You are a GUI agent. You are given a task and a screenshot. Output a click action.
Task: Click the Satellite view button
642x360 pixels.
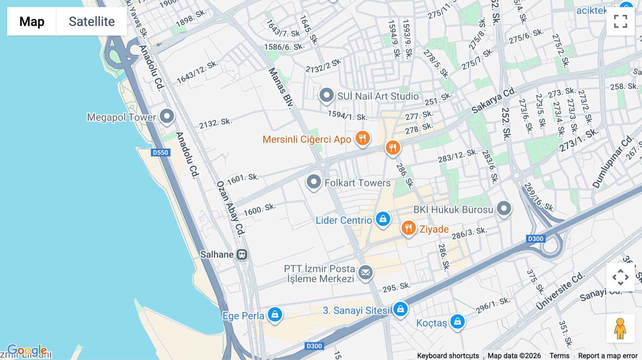click(92, 21)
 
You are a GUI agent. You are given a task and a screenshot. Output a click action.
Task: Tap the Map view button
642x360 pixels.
click(32, 21)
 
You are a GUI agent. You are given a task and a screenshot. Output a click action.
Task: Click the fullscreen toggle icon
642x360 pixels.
click(620, 21)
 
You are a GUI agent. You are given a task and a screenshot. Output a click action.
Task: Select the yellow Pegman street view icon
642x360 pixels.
click(620, 328)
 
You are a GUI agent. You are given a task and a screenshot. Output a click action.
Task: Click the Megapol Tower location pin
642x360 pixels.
click(167, 116)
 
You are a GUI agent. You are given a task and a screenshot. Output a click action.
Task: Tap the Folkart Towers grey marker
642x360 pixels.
click(314, 182)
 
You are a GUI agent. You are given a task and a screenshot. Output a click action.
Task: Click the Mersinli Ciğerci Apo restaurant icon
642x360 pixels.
click(362, 138)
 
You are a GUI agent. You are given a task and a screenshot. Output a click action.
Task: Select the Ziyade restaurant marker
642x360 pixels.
click(408, 228)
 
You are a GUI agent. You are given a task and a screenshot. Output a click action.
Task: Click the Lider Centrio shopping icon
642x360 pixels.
click(383, 219)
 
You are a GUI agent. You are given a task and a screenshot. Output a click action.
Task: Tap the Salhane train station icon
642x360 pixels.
click(242, 254)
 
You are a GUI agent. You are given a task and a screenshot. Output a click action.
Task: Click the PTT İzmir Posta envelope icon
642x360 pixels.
click(365, 273)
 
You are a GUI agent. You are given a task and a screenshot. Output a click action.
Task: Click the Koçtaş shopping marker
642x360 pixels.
click(457, 322)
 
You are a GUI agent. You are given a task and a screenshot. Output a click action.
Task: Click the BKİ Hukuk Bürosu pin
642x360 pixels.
click(504, 209)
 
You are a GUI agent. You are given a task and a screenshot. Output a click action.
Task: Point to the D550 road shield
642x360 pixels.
click(160, 153)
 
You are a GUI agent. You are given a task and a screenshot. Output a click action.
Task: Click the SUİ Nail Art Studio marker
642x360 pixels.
click(326, 95)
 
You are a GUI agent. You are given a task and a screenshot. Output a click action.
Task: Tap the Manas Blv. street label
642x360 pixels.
click(281, 88)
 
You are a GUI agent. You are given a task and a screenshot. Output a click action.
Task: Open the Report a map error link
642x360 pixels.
click(607, 356)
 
